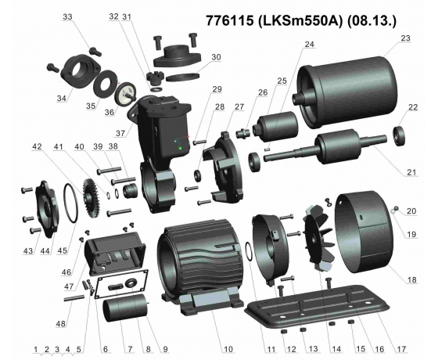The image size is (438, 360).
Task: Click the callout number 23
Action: click(404, 38)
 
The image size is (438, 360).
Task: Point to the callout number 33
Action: click(67, 16)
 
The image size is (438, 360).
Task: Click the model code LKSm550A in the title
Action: click(298, 17)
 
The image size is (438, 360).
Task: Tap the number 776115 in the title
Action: click(231, 17)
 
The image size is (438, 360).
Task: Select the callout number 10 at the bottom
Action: click(228, 348)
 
